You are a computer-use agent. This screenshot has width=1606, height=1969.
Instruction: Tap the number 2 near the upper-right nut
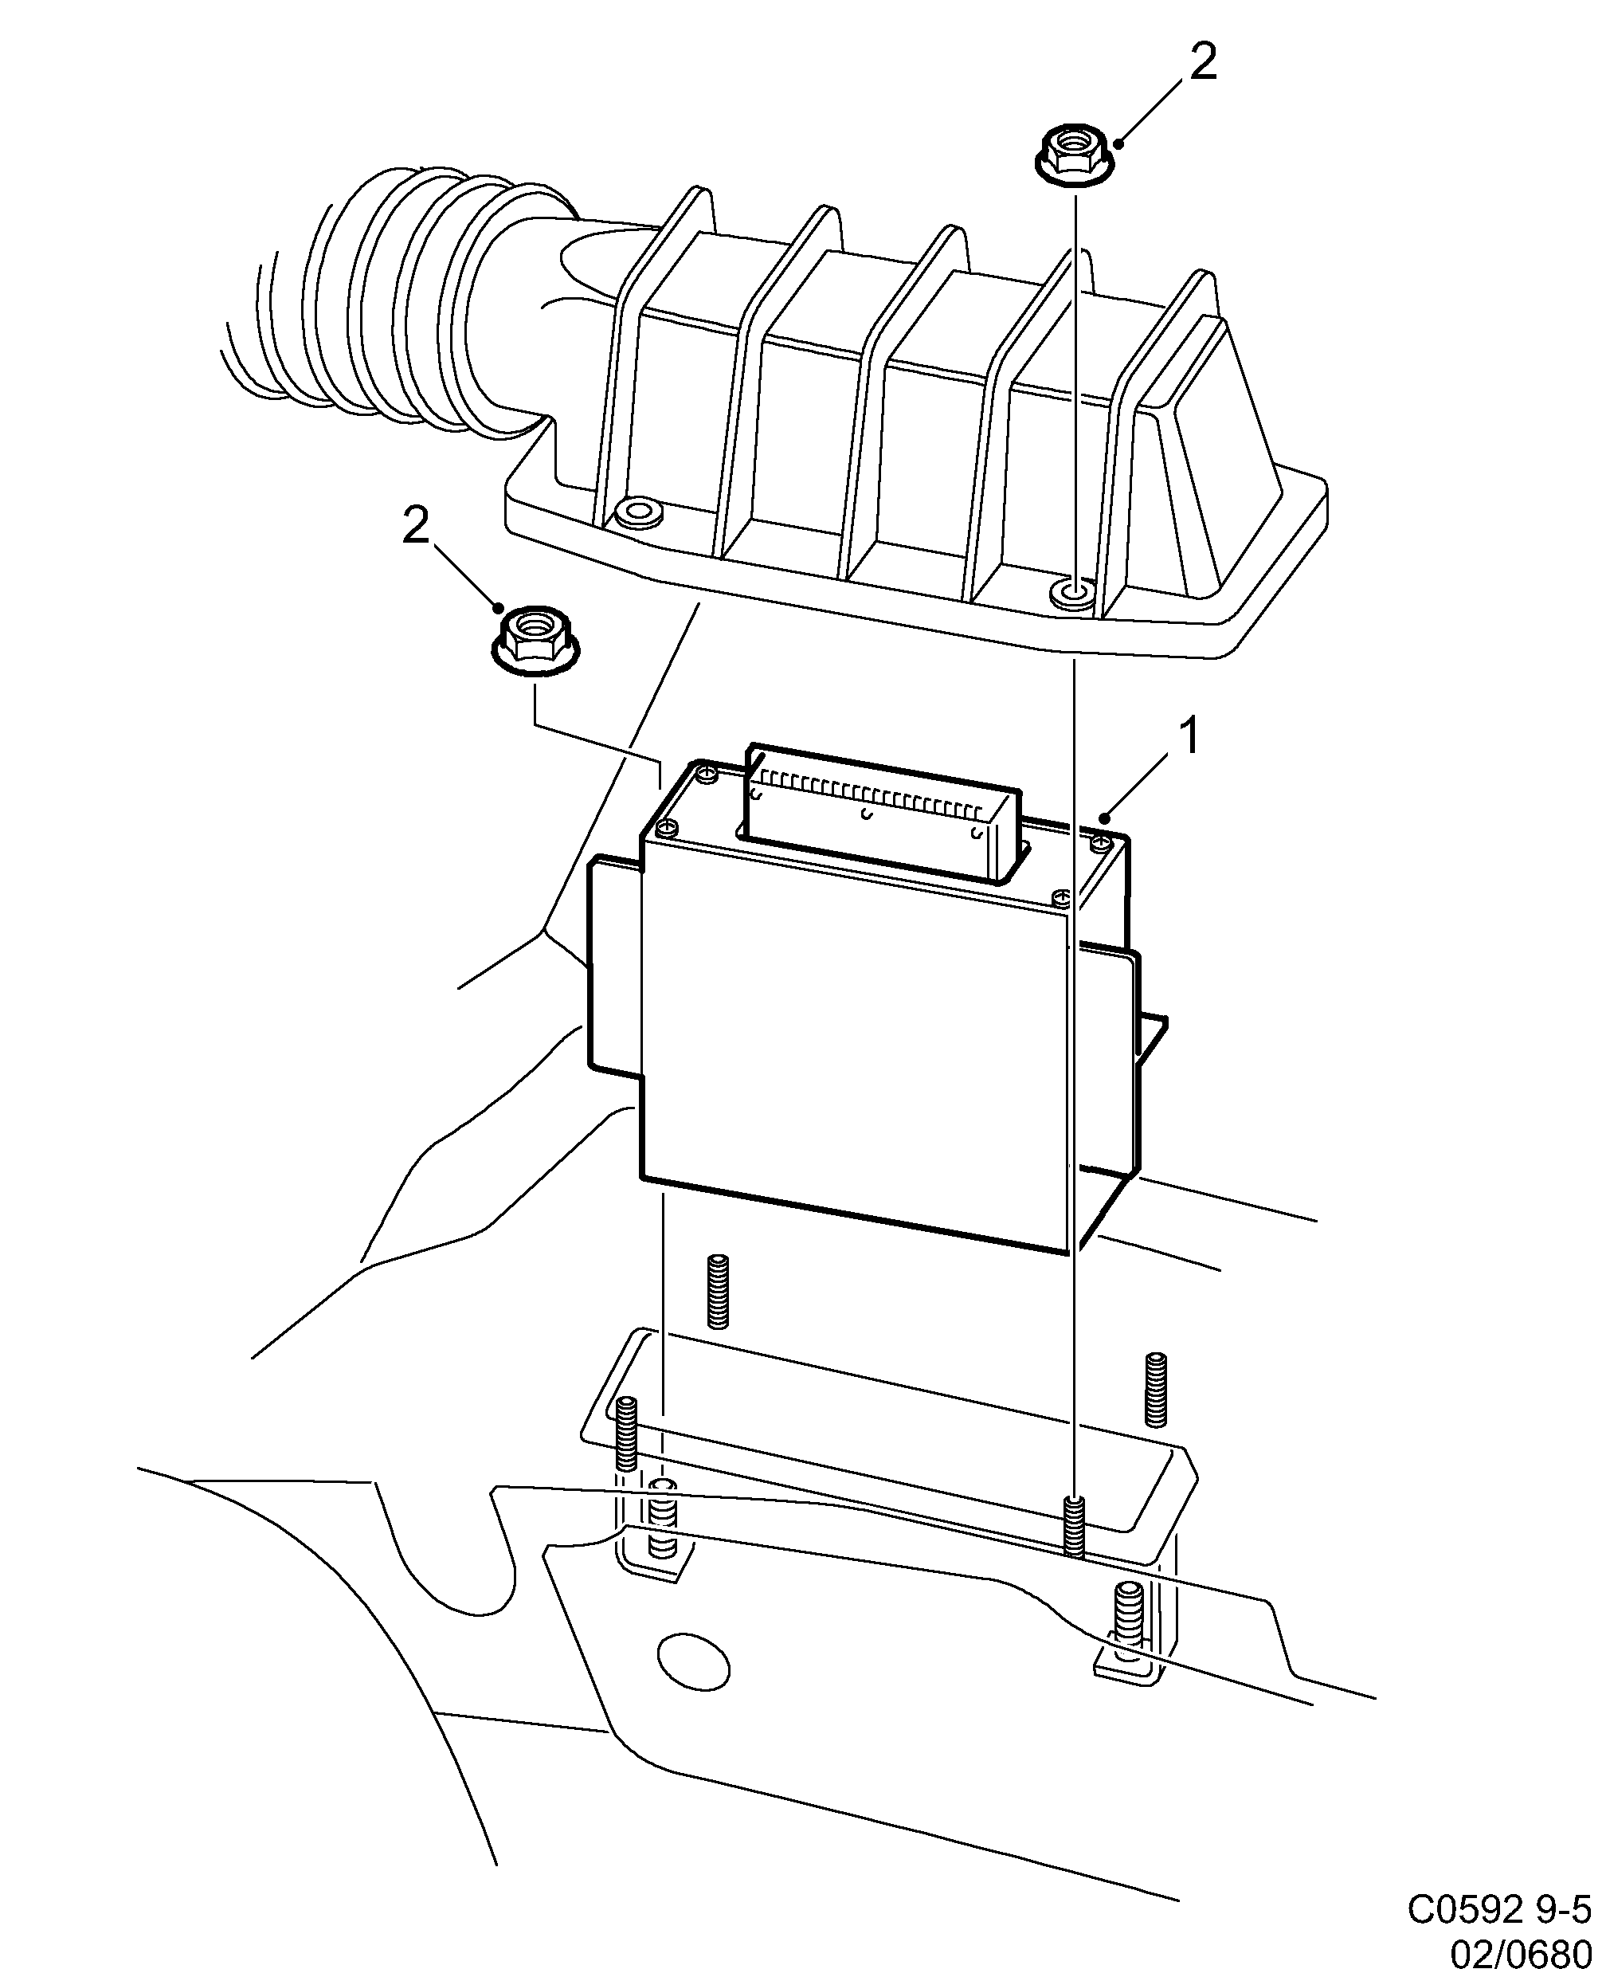coord(1202,63)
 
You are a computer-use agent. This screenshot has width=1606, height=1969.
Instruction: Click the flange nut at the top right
coord(1073,155)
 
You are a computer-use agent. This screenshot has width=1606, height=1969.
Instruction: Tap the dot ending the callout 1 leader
coord(1106,817)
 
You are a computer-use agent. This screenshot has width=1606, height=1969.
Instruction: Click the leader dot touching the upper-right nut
coord(1119,143)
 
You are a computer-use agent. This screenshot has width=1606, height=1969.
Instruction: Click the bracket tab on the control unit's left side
coord(613,963)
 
